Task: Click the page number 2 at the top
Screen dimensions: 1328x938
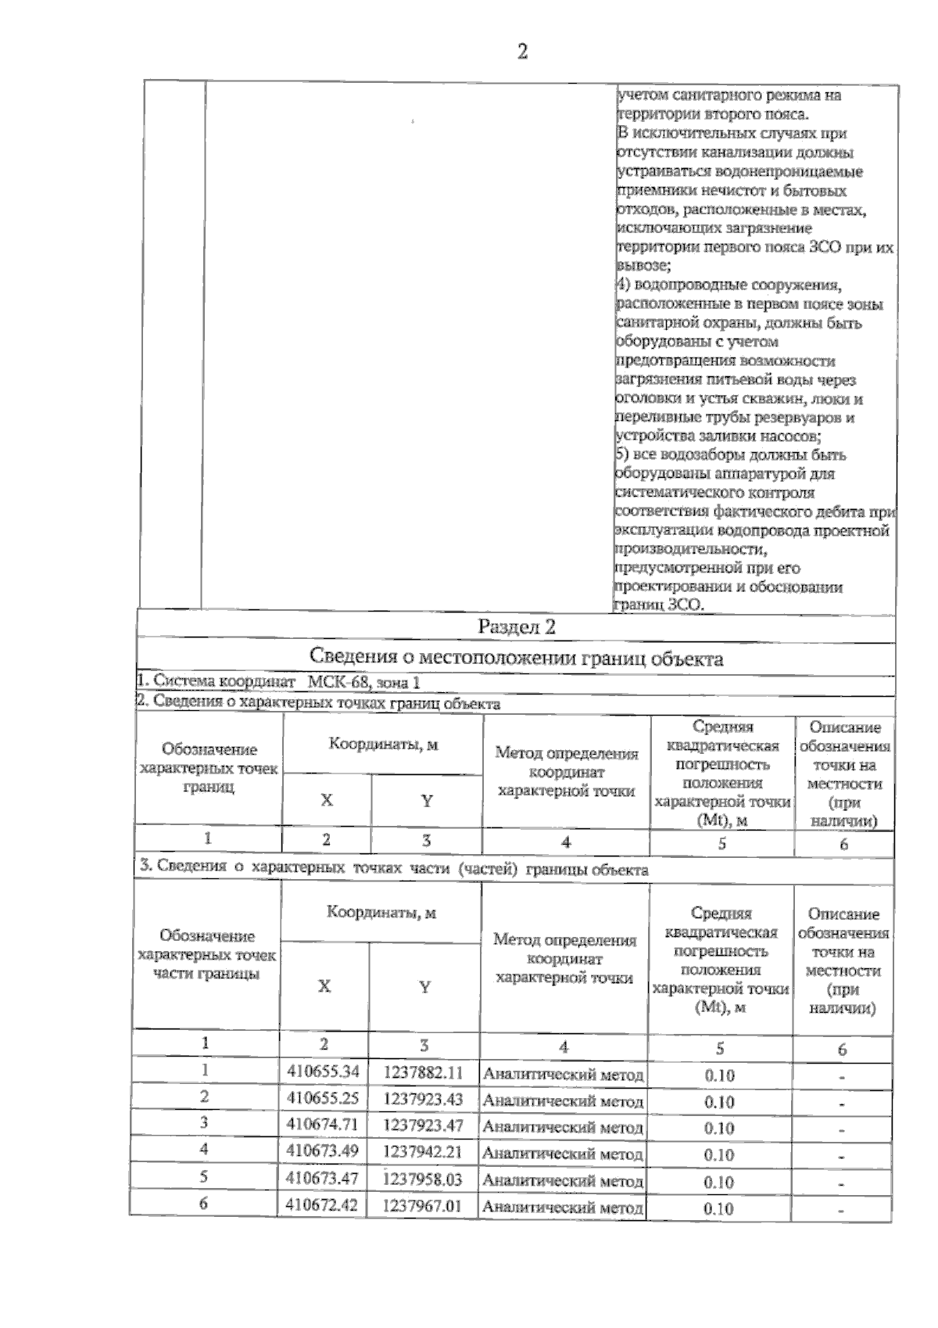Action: coord(522,52)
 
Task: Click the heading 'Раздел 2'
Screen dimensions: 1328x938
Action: coord(516,627)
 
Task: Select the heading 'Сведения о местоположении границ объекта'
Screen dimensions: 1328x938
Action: coord(516,659)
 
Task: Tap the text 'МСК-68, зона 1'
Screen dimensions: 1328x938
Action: coord(363,682)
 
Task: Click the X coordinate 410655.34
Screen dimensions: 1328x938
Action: coord(323,1071)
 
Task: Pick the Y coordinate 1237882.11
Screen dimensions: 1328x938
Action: coord(423,1072)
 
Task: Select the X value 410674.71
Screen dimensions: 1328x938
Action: coord(323,1125)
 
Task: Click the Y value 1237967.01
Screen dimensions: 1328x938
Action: coord(423,1205)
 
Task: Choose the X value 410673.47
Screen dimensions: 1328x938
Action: coord(323,1178)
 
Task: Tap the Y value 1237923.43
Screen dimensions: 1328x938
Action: coord(423,1099)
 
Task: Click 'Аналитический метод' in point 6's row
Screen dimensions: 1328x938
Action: coord(563,1207)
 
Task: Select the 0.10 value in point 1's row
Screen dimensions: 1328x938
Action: coord(719,1075)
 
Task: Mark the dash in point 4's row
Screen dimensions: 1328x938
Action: coord(842,1156)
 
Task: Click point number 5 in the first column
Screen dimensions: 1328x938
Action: coord(204,1176)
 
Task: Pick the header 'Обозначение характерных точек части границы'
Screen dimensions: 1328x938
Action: coord(206,955)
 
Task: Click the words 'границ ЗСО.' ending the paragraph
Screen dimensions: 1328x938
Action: coord(661,605)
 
